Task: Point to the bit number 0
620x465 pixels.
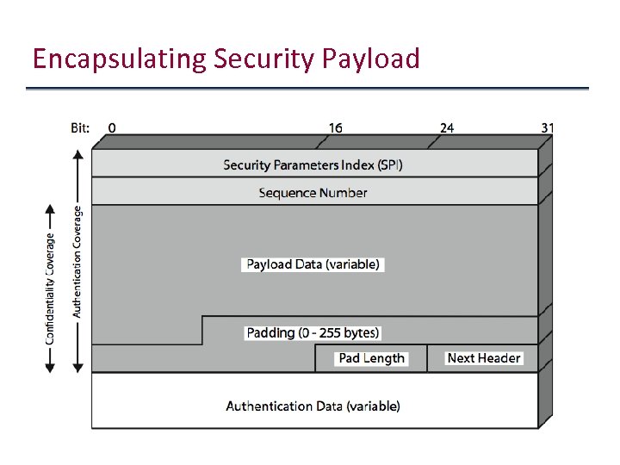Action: pos(113,127)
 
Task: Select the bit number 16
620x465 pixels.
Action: pos(335,127)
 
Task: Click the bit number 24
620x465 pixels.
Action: pos(447,127)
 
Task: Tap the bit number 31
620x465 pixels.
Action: pos(548,127)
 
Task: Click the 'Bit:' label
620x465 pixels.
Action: pos(80,127)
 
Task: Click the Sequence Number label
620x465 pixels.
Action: pos(313,193)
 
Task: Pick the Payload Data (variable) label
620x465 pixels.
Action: pos(313,264)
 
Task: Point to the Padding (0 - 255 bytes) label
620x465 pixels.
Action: pos(313,332)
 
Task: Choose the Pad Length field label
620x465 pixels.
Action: pos(371,358)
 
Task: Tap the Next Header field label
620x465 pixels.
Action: pos(484,358)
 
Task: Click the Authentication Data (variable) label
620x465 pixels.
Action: pos(313,406)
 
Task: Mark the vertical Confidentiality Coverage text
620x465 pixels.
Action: pos(51,288)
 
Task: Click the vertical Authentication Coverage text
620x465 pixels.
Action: pos(77,260)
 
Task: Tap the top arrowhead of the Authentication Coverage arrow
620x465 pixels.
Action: pos(77,156)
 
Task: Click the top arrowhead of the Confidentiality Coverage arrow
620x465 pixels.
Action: pos(50,210)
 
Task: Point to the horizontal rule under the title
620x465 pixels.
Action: pos(307,89)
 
